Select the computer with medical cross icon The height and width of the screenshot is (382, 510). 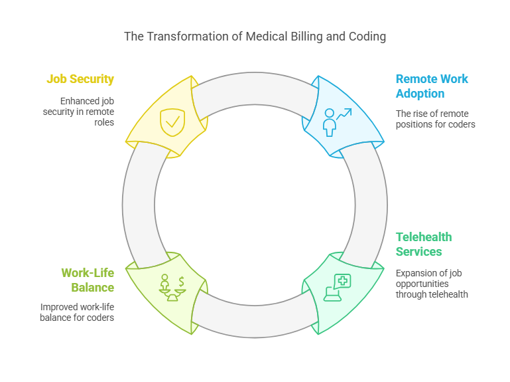point(337,287)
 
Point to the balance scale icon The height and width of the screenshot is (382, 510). point(172,287)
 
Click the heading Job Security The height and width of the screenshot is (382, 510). point(80,79)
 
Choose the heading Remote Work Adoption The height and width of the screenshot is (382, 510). point(432,86)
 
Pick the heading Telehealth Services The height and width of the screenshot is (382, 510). point(424,244)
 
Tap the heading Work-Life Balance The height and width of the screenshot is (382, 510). point(88,280)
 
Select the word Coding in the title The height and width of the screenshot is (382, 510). point(368,36)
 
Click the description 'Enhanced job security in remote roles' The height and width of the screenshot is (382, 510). point(87,112)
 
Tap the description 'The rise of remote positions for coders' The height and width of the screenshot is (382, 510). point(435,118)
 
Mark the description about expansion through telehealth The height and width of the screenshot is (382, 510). point(432,284)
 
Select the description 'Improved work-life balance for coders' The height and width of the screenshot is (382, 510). point(78,312)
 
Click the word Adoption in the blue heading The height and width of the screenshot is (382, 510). point(420,94)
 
